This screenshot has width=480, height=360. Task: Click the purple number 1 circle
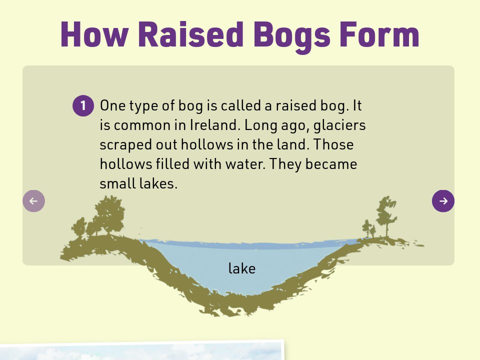point(83,105)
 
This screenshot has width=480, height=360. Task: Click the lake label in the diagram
point(242,269)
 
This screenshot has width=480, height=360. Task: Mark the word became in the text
point(334,164)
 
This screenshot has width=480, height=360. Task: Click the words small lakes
point(138,184)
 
